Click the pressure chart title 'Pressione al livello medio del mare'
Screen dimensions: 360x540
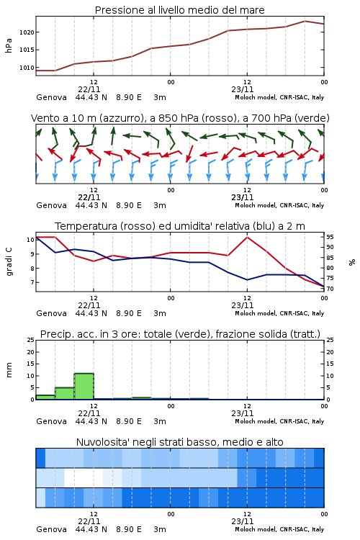pos(179,10)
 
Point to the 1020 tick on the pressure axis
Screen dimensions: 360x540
pos(27,32)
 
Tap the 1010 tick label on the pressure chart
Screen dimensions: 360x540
pos(27,68)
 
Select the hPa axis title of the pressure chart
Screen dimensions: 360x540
pos(9,45)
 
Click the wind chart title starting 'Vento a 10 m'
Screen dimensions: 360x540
pos(180,118)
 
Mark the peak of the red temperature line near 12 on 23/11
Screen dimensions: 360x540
pos(247,237)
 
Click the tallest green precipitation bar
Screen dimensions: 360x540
pos(84,387)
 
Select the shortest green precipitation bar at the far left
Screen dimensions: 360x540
pos(45,397)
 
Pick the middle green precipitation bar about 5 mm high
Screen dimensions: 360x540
pos(65,394)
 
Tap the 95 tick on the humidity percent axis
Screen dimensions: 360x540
pos(330,237)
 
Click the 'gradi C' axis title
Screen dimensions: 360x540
pos(9,261)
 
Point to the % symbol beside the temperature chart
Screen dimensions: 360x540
pos(352,262)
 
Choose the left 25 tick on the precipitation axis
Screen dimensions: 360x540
pos(31,340)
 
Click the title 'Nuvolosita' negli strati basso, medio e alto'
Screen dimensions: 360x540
pos(179,442)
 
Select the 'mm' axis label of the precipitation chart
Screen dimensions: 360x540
pos(9,370)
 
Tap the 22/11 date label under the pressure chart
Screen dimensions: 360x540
pos(89,89)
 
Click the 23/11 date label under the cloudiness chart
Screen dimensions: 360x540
pos(242,521)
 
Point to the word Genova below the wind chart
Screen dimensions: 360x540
pos(51,206)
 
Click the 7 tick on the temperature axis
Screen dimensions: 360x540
pos(32,282)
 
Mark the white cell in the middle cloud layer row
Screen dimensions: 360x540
pos(84,477)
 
